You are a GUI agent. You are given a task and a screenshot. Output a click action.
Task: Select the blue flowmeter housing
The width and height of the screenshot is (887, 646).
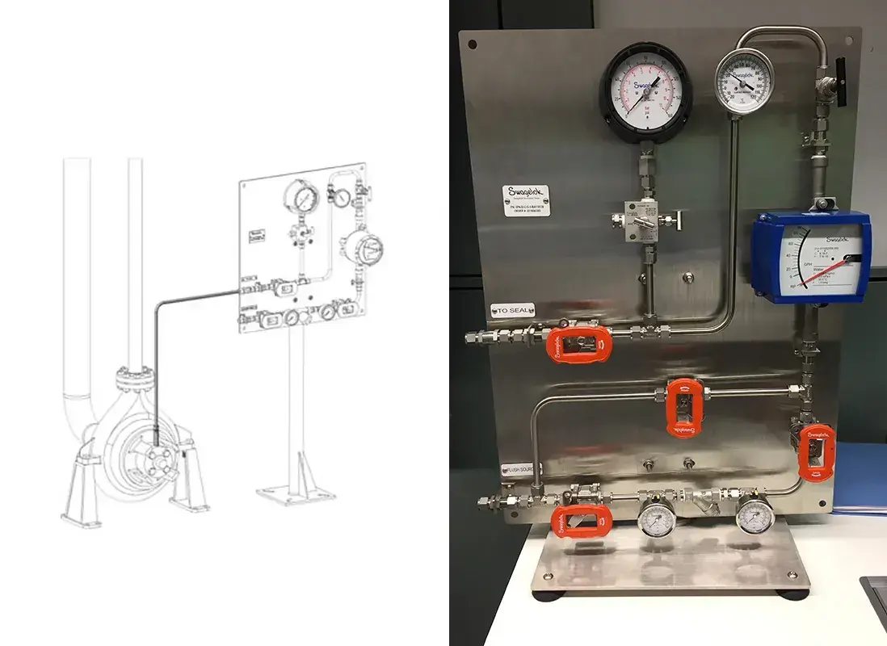[x=811, y=256]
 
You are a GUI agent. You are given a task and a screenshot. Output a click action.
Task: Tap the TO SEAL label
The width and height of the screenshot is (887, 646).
[x=511, y=308]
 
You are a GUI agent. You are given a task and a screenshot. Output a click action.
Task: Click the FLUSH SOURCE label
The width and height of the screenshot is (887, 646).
[x=517, y=468]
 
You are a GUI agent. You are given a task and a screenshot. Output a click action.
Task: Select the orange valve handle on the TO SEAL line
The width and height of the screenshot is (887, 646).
[x=579, y=343]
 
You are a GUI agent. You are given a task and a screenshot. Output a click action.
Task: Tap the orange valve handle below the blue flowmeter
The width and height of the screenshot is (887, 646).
[x=815, y=451]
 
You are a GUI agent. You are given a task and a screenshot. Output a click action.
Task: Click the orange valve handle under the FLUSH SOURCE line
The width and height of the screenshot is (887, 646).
[x=581, y=521]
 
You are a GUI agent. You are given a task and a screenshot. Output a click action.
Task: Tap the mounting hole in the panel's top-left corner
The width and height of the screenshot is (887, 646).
[x=473, y=45]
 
